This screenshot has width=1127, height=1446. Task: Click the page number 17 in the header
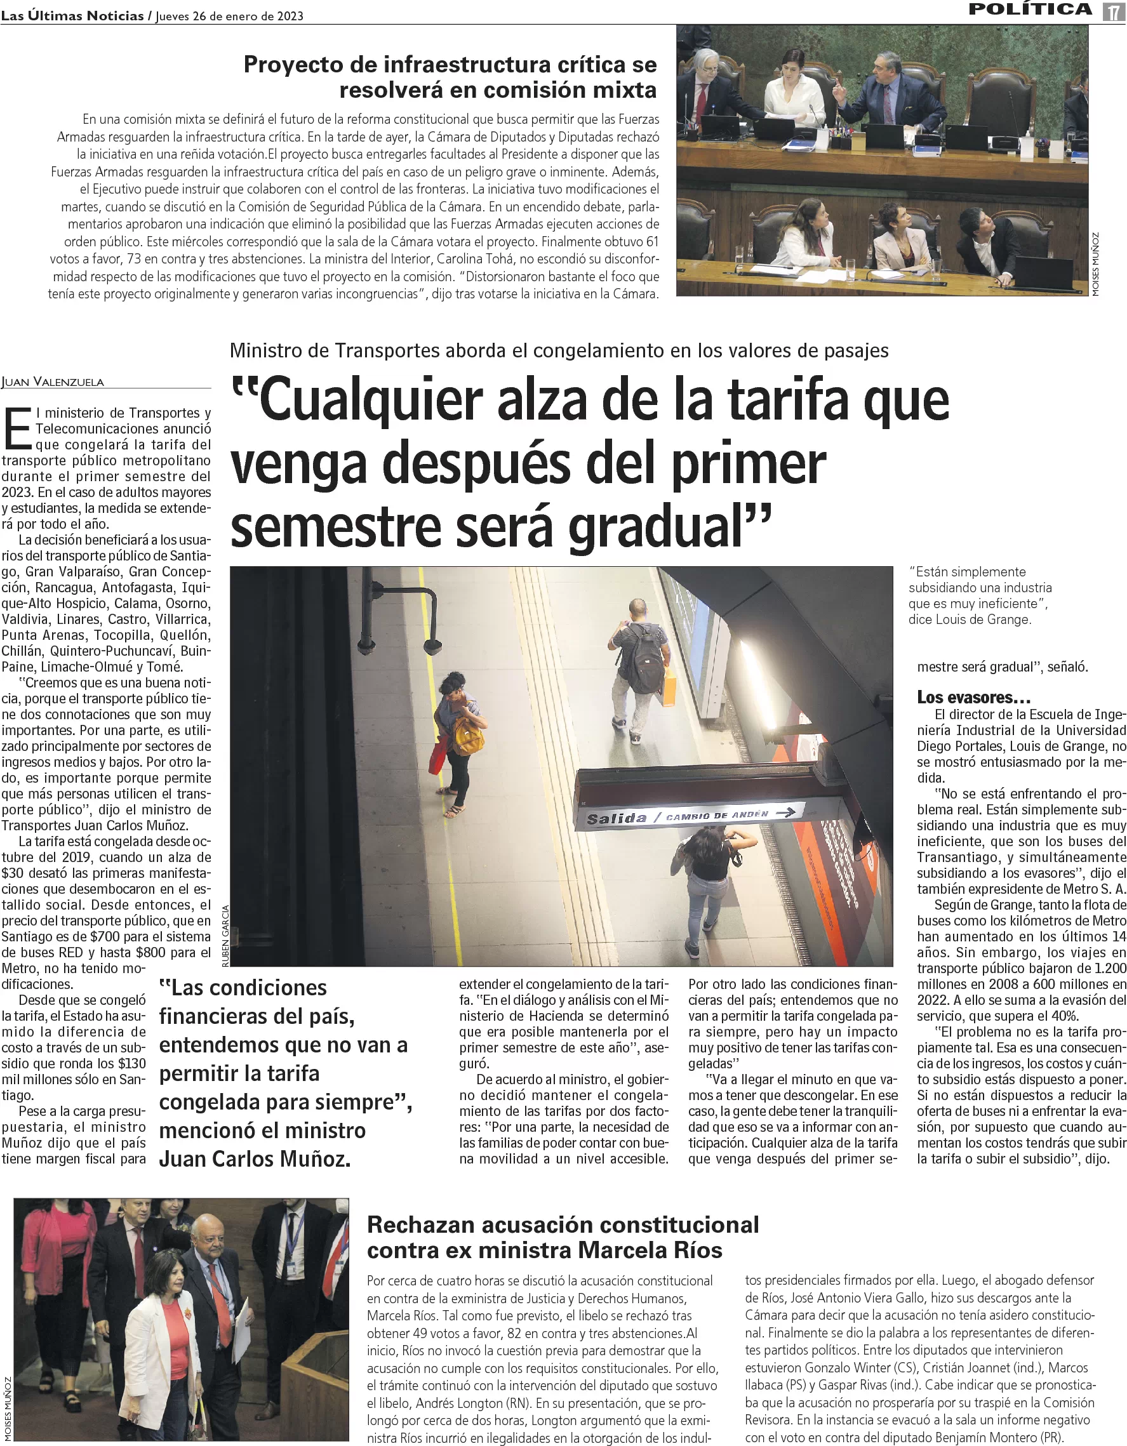pos(1114,12)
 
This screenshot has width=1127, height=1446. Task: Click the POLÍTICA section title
pos(1030,10)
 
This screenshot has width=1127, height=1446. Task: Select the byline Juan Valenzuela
pos(53,382)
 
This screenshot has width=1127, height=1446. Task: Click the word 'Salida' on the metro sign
pos(617,818)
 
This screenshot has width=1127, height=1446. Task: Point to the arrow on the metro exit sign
pos(785,812)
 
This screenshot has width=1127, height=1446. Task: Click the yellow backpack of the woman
pos(468,735)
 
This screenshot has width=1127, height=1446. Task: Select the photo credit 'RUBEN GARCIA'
pos(225,936)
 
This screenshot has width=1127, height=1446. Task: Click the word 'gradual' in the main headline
pos(668,526)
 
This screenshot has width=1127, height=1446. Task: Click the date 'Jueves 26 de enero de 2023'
pos(230,17)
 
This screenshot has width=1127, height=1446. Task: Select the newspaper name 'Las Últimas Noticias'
pos(72,16)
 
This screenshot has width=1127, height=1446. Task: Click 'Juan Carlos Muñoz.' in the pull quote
pos(255,1158)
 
